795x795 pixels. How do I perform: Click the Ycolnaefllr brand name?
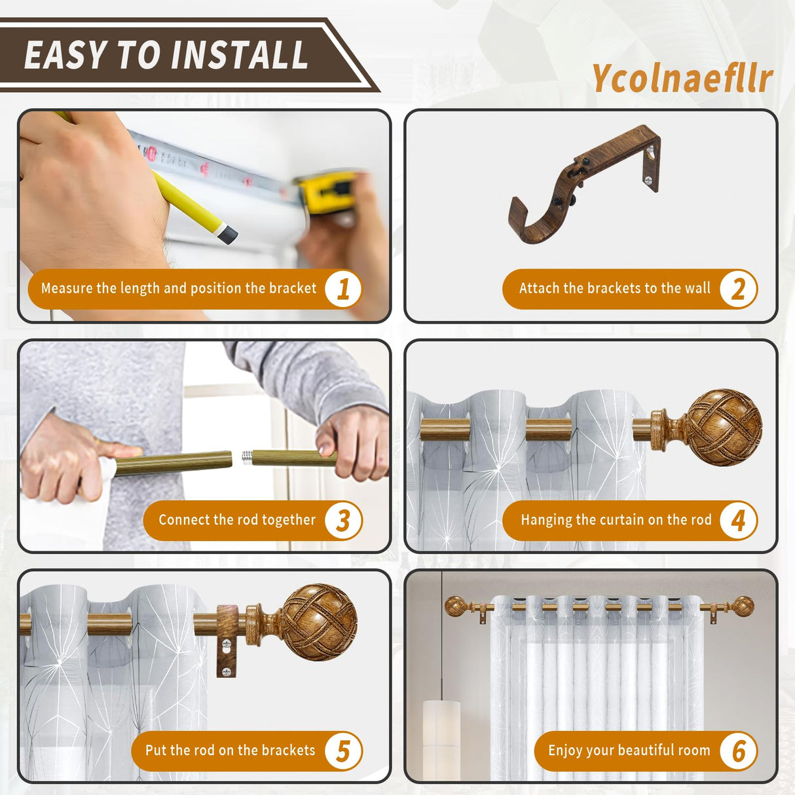682,79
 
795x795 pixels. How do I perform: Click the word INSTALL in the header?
243,55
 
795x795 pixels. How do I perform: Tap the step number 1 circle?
343,289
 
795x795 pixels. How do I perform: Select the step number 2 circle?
738,289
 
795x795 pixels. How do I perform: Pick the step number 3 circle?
343,521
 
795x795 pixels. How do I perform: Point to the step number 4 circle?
738,521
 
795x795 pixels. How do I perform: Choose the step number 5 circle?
343,751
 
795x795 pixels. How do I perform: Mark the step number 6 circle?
738,751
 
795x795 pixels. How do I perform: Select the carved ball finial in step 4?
724,427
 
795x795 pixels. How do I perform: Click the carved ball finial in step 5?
319,621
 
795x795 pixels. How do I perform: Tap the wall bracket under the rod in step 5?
226,645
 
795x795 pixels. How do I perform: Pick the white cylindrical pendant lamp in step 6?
441,737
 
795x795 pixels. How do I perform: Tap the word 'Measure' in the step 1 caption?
67,289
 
